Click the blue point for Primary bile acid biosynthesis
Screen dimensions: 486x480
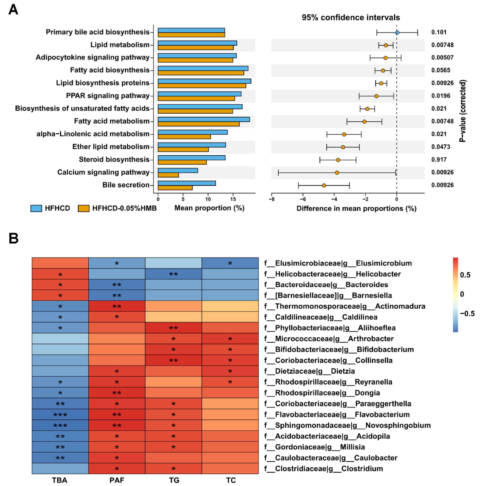coord(397,32)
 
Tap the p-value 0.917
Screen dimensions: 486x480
coord(439,160)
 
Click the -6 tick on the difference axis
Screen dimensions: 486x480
coord(303,199)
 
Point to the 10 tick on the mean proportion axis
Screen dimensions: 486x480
coord(208,199)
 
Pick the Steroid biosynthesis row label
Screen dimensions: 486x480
coord(114,160)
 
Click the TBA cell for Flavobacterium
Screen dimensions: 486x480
coord(60,415)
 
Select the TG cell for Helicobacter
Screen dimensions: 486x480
coord(173,274)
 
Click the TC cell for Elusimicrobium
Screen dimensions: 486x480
coord(230,263)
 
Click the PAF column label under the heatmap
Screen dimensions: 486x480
coord(117,480)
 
